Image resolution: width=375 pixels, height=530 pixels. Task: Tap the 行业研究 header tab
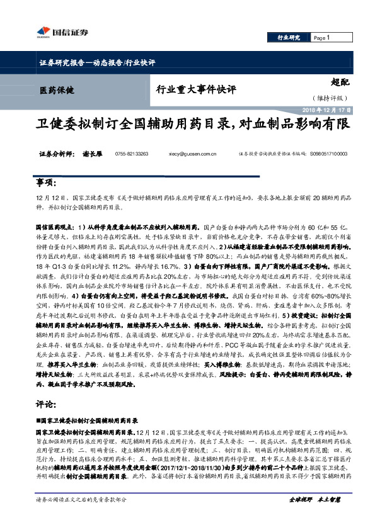[289, 38]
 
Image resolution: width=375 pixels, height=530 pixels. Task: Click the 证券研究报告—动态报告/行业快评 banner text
[97, 62]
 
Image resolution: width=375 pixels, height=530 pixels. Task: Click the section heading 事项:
[45, 183]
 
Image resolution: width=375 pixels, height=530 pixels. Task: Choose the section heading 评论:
[45, 405]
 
